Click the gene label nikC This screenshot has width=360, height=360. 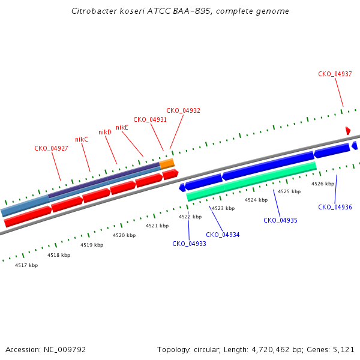click(x=82, y=139)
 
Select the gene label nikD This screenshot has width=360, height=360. click(x=105, y=132)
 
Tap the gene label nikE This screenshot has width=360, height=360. click(x=122, y=127)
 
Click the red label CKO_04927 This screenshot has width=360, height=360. click(x=51, y=148)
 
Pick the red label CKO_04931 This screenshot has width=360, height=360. click(x=150, y=119)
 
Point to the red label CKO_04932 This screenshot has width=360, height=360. click(x=183, y=110)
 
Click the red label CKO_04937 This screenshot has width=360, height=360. click(x=335, y=74)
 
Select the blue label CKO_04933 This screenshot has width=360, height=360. click(x=189, y=244)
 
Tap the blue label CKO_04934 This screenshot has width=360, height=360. click(x=223, y=235)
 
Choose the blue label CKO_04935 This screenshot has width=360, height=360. click(x=280, y=220)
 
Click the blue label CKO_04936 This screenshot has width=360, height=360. click(x=335, y=208)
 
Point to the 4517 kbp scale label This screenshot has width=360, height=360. click(x=26, y=265)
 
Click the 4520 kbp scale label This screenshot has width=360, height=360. click(x=124, y=235)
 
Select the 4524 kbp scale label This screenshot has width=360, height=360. click(x=256, y=200)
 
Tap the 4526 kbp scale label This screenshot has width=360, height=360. click(x=323, y=184)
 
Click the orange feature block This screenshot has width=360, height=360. click(x=167, y=164)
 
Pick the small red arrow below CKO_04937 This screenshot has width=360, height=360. click(x=348, y=131)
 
